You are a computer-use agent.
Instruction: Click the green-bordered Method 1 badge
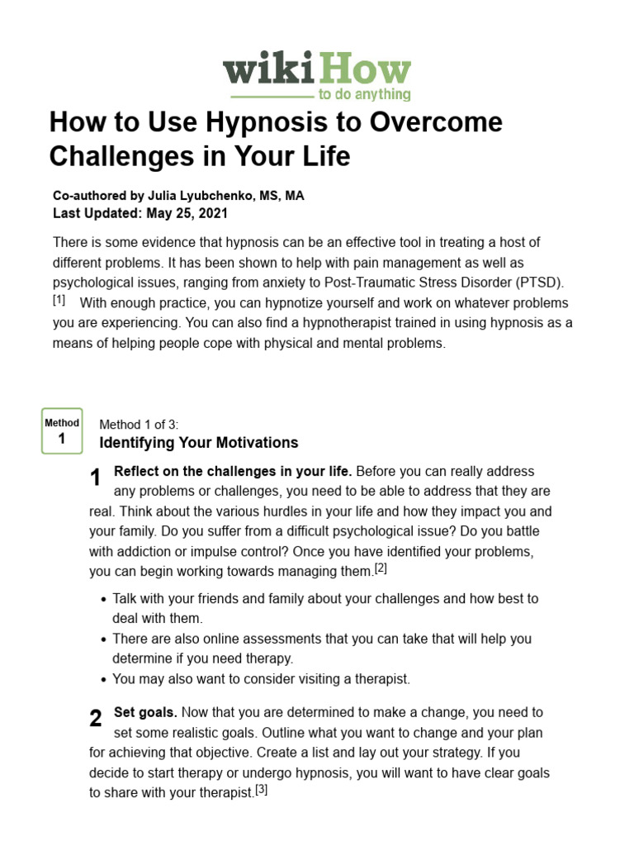(x=62, y=431)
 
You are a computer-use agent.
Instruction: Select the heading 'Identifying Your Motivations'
(x=198, y=443)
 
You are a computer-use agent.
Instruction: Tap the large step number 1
(x=96, y=478)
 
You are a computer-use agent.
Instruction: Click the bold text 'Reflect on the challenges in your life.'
(x=233, y=472)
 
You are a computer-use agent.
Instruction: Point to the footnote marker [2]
(x=381, y=568)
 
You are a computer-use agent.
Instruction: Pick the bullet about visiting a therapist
(x=261, y=679)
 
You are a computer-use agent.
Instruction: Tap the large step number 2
(x=96, y=719)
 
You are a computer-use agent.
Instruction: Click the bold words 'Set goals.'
(x=145, y=712)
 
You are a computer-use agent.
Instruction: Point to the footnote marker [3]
(x=262, y=789)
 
